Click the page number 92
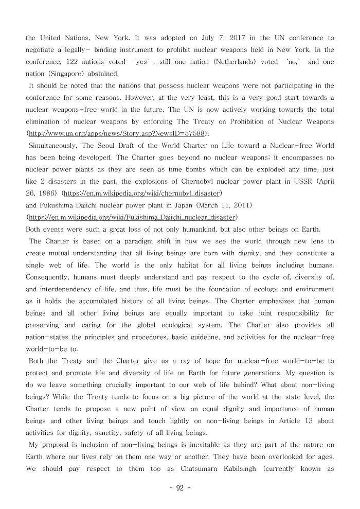click(179, 488)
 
